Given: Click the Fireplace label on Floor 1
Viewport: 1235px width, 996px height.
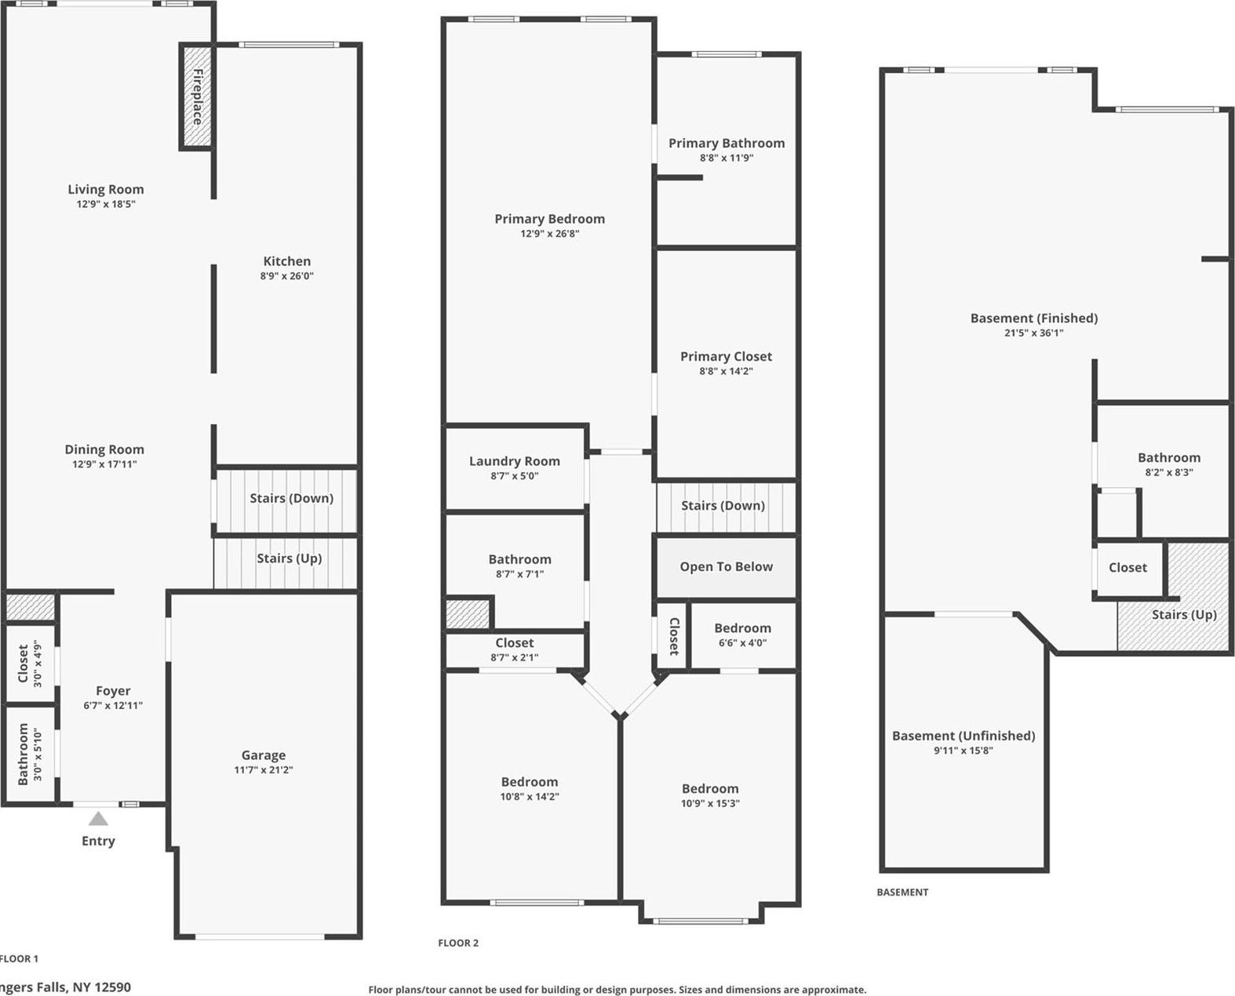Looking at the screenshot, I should (197, 96).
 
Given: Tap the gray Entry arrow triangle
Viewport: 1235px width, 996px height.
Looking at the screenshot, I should (98, 819).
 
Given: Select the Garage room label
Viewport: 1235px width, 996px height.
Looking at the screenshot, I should (264, 755).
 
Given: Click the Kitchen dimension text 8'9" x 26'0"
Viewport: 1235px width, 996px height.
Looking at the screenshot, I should (287, 276).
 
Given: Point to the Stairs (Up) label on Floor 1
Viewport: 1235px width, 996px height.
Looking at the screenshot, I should (290, 558).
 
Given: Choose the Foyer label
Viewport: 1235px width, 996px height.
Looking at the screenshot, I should (113, 691).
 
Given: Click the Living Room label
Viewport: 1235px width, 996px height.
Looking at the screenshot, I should (106, 189).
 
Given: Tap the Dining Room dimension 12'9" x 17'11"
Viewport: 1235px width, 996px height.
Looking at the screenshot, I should (104, 464).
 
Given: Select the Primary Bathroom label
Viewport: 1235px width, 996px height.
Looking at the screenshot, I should (727, 143).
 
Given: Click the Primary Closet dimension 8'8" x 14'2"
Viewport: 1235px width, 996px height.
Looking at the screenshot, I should (726, 371).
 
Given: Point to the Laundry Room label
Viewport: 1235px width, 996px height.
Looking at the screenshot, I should (515, 461).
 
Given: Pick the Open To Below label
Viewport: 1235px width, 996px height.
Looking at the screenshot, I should (727, 566).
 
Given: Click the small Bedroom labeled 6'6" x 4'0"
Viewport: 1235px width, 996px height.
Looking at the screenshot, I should (742, 628).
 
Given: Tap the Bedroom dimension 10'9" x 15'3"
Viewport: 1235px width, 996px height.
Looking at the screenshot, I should (710, 803).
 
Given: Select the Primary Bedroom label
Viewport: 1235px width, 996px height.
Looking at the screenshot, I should (549, 219).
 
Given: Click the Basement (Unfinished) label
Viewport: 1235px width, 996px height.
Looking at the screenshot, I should (964, 736).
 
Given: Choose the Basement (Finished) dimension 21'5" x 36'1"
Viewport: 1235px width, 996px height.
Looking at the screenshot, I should (1034, 333).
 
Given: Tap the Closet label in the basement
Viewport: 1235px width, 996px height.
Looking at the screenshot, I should (1128, 567).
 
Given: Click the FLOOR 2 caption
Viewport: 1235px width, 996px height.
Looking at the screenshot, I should (458, 943).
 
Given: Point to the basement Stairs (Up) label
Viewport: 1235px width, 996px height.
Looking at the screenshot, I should (1184, 614).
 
